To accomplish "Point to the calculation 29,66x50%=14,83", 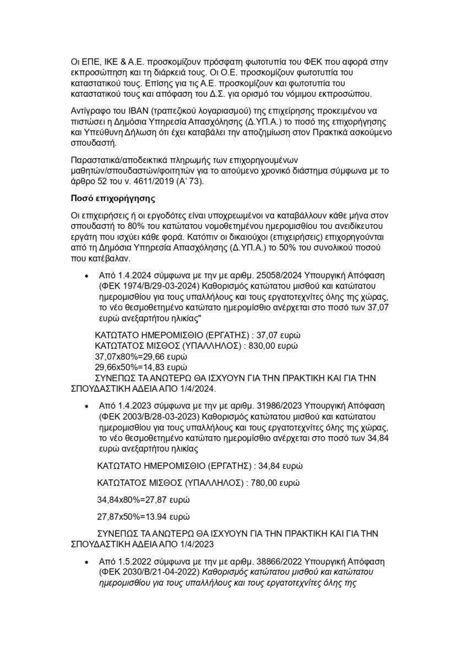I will click(x=142, y=367).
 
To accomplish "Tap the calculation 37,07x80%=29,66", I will click(x=142, y=357).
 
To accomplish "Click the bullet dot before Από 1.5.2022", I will click(x=86, y=563).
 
